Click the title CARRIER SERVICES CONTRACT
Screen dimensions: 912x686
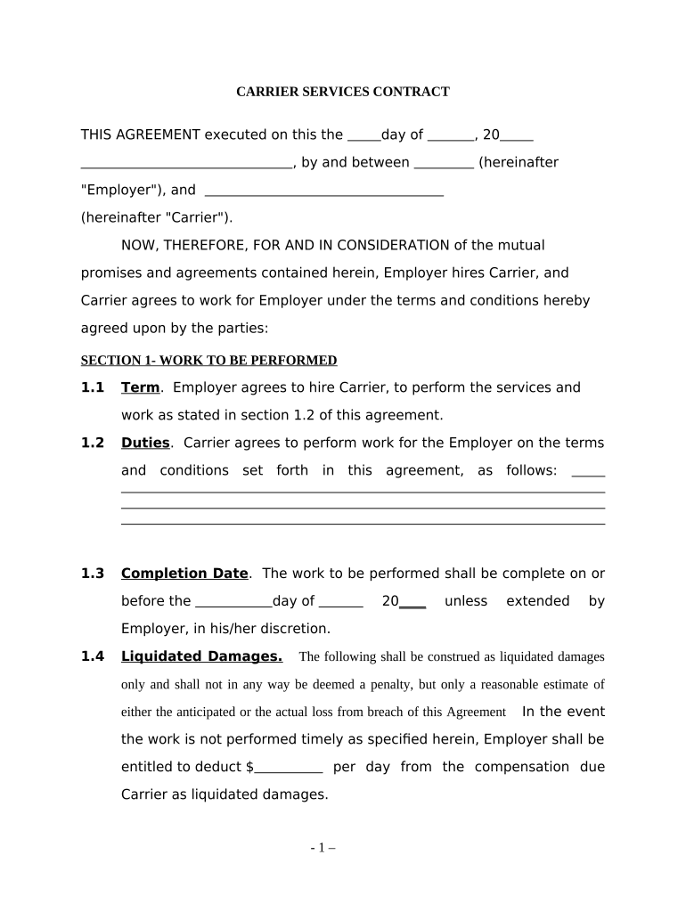[x=342, y=92]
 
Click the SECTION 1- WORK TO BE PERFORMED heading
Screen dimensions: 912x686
[x=208, y=361]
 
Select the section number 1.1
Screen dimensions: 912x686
[x=93, y=387]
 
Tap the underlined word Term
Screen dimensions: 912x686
[x=140, y=387]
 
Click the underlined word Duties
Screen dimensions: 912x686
[x=145, y=443]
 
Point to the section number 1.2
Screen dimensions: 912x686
[x=93, y=443]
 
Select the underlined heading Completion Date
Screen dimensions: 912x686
[x=184, y=574]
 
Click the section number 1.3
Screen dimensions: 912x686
[x=93, y=574]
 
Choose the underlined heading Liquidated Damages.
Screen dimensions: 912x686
[x=201, y=656]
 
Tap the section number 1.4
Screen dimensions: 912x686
[x=93, y=656]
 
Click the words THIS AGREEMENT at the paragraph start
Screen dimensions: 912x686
[x=141, y=134]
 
